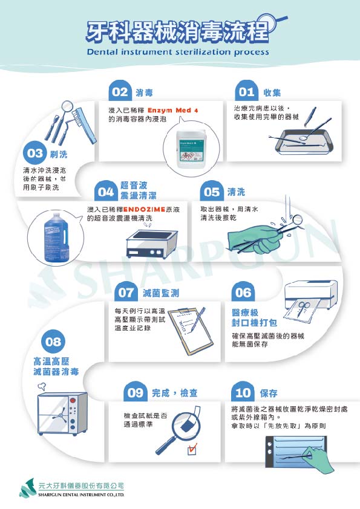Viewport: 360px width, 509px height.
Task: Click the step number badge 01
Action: click(246, 92)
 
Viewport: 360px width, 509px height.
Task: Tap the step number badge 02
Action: click(120, 92)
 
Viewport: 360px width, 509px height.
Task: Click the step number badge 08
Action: click(53, 342)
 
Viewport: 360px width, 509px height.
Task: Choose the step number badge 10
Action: click(243, 392)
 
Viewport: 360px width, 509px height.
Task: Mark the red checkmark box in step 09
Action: click(193, 449)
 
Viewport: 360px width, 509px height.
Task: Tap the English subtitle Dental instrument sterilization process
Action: click(178, 52)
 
